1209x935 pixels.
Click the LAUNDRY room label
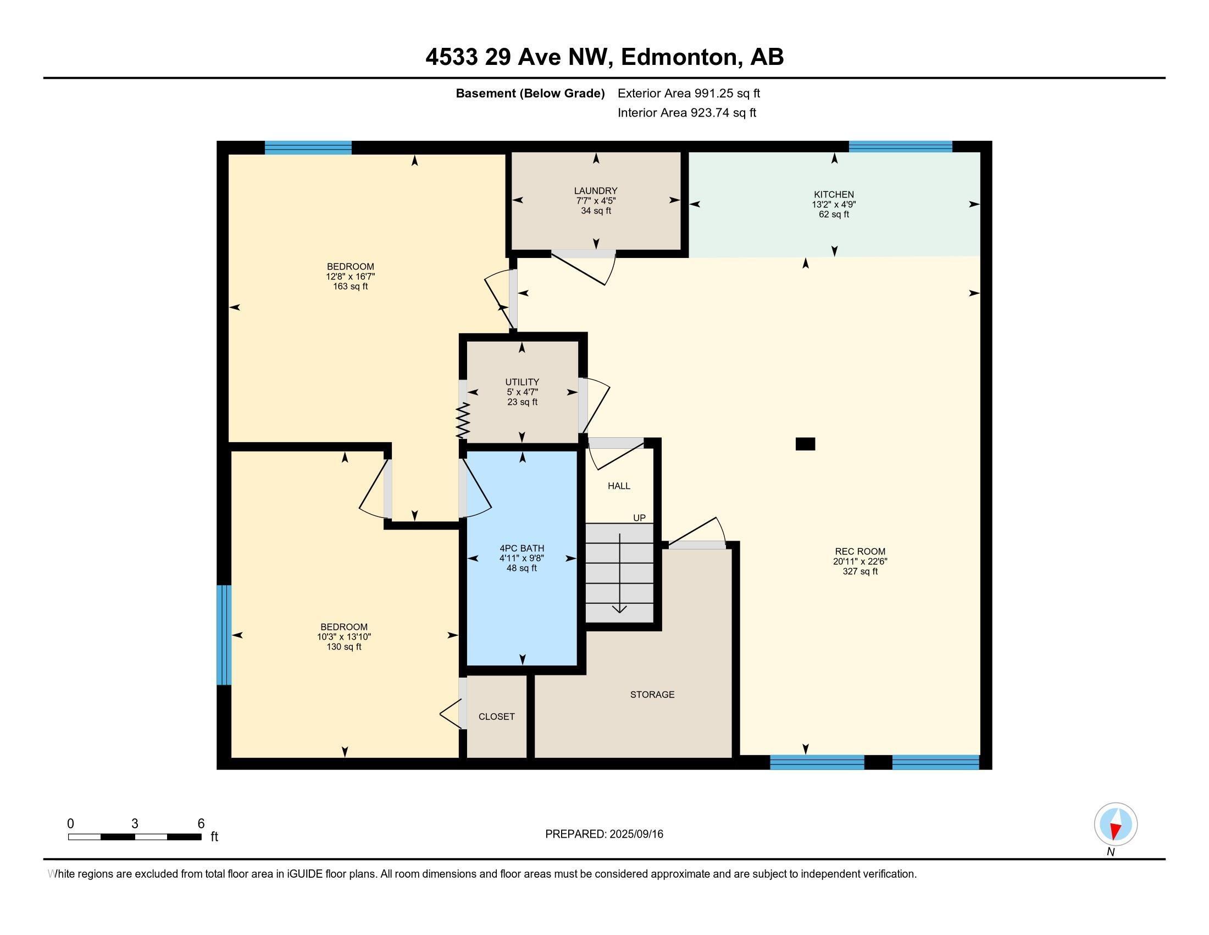click(x=596, y=190)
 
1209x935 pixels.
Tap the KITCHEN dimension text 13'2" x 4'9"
click(x=834, y=205)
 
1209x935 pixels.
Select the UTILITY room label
click(x=522, y=382)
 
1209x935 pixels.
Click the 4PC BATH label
click(x=522, y=548)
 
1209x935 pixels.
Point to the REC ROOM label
click(x=859, y=551)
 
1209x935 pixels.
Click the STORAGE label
click(x=652, y=695)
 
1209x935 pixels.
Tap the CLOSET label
click(x=497, y=717)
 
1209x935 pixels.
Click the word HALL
click(x=619, y=486)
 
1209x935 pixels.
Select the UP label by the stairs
click(x=639, y=518)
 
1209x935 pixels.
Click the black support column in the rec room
click(x=805, y=444)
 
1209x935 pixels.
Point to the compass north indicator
click(x=1116, y=824)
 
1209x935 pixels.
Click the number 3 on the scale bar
click(x=135, y=824)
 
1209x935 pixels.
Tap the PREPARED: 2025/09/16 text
click(x=604, y=834)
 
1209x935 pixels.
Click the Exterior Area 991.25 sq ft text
click(x=689, y=93)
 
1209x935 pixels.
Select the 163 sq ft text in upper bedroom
click(x=351, y=287)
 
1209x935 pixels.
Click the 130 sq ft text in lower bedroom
click(x=344, y=646)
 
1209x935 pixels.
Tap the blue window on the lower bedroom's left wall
click(x=223, y=635)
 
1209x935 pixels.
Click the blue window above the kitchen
click(x=900, y=146)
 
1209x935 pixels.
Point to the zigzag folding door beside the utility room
click(x=462, y=420)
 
